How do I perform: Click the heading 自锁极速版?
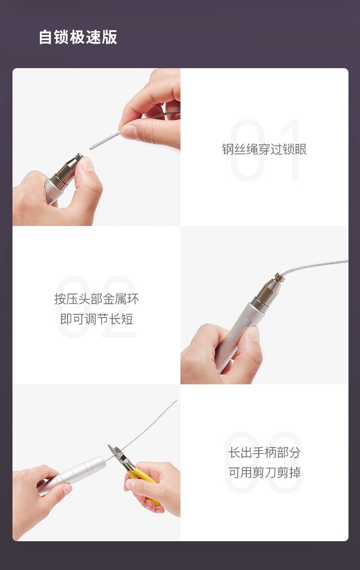(78, 37)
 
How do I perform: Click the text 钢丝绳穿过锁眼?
(264, 149)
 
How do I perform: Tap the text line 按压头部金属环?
(96, 299)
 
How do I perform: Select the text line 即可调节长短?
(96, 319)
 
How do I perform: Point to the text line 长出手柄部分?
(264, 452)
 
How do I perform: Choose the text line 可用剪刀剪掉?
(264, 473)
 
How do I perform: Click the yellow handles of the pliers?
(145, 482)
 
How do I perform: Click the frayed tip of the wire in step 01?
(91, 147)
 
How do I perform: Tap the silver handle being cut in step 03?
(73, 475)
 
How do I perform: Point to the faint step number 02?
(96, 307)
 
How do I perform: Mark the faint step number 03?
(264, 463)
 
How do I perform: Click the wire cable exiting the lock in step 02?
(314, 266)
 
